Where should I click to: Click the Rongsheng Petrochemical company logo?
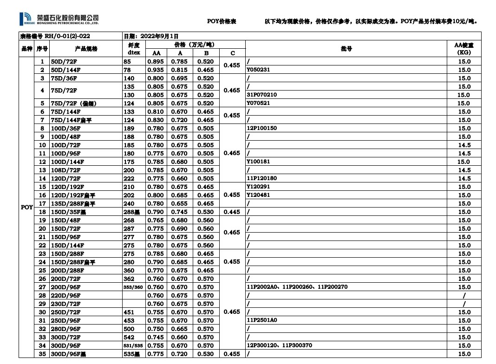point(60,19)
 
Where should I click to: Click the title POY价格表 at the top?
point(222,21)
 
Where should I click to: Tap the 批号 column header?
point(346,48)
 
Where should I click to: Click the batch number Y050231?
point(258,70)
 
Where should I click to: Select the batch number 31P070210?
point(261,95)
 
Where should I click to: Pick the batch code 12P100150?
point(261,128)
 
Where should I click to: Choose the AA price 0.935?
point(157,70)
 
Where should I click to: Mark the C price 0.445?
point(232,212)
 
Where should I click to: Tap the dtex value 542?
point(129,337)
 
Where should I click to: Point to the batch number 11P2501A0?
point(261,320)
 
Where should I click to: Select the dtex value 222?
point(129,178)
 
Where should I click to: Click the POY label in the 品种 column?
point(27,207)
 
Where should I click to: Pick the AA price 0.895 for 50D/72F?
point(157,61)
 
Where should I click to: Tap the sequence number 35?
point(42,354)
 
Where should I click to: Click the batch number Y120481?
point(258,195)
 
